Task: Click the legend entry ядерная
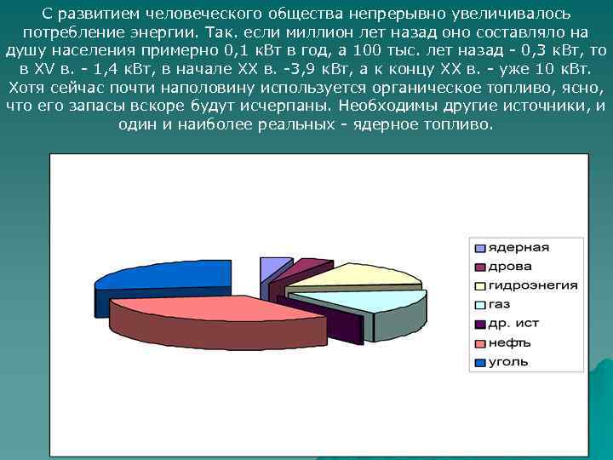tap(518, 248)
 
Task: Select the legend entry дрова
tap(508, 267)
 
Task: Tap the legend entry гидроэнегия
tap(532, 285)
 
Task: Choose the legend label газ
tap(499, 304)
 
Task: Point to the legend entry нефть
tap(509, 342)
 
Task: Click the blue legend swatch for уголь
tap(480, 362)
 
